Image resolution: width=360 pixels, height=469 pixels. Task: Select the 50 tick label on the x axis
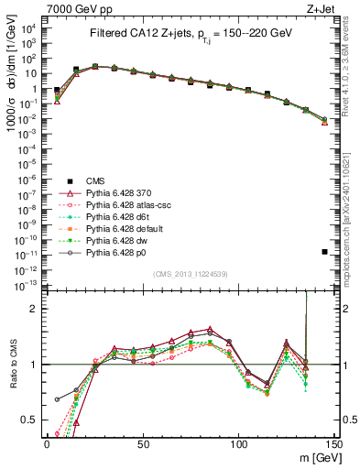(x=143, y=442)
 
